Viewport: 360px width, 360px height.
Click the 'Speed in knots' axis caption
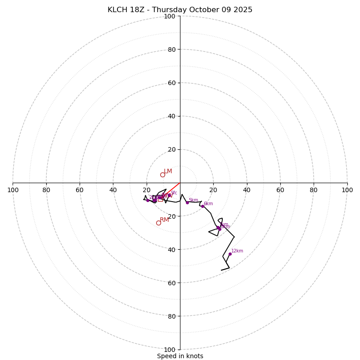[x=180, y=356]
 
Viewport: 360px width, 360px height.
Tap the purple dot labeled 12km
[x=230, y=254]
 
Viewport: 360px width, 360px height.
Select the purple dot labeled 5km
[x=187, y=202]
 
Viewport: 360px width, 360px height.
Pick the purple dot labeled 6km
[x=202, y=206]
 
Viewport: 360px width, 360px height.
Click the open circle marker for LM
[x=162, y=175]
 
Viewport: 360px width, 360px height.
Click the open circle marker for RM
[x=158, y=223]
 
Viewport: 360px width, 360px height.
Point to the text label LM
[x=168, y=171]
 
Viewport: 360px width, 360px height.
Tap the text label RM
[x=164, y=220]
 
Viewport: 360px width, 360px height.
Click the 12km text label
[x=237, y=251]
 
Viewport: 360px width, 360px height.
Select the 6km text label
[x=208, y=204]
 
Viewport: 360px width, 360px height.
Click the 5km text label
[x=193, y=200]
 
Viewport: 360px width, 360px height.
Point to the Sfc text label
[x=174, y=193]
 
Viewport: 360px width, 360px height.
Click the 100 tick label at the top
[x=170, y=16]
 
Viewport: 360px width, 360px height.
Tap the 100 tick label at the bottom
[x=170, y=350]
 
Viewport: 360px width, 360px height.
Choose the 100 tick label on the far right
[x=347, y=190]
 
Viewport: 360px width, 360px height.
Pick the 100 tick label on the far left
[x=13, y=190]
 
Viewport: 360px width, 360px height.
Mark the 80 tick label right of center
[x=314, y=190]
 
